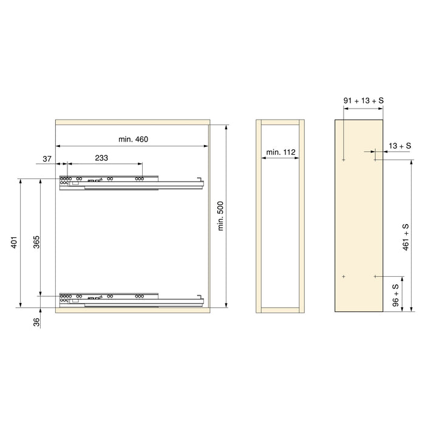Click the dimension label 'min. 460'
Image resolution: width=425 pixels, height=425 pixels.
click(x=134, y=140)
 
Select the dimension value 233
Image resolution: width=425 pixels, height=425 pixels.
click(x=102, y=158)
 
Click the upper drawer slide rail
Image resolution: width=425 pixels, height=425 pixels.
click(x=131, y=182)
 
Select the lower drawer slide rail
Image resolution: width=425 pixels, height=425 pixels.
click(x=131, y=299)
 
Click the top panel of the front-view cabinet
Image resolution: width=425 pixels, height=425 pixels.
click(x=132, y=121)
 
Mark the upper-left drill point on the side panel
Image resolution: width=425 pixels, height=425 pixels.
click(x=343, y=160)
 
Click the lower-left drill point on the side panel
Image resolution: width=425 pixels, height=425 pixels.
click(x=343, y=277)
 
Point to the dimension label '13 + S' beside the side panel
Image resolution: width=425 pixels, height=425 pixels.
click(x=400, y=146)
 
